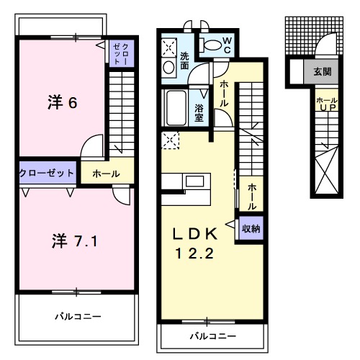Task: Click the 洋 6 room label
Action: (x=63, y=102)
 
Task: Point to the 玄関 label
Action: (x=323, y=71)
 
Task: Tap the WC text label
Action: (x=225, y=45)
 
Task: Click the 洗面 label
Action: (x=185, y=60)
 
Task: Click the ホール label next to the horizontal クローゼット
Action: (x=106, y=174)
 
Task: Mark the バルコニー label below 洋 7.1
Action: (x=77, y=316)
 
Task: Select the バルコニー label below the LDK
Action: (x=212, y=336)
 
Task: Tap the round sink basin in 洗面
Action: (x=168, y=68)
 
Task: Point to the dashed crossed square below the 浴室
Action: (x=171, y=140)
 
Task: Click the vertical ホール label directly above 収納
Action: (x=251, y=196)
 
